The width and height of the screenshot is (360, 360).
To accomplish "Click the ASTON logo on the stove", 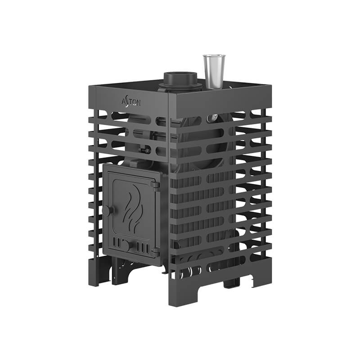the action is click(131, 102).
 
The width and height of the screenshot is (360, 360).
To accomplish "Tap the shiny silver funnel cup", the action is click(214, 72).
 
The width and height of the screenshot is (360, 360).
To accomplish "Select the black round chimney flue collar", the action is click(180, 81).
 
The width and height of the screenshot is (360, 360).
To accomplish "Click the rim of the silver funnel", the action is click(214, 55).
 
